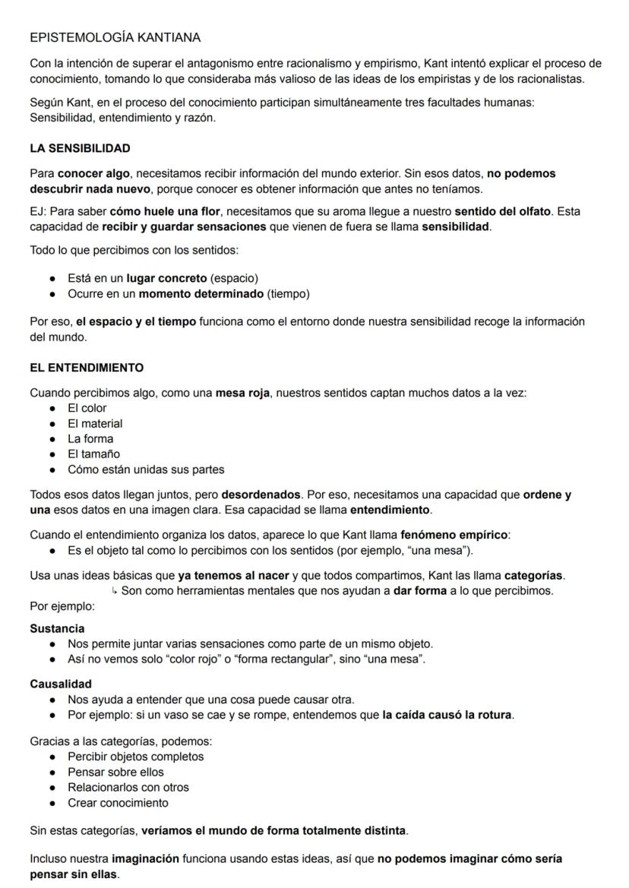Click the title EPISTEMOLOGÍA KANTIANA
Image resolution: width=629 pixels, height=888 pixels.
(115, 37)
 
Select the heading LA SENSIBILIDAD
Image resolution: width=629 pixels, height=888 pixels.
(80, 148)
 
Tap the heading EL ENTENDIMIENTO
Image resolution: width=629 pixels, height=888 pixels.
(87, 368)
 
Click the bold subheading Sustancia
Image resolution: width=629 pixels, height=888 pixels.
(57, 628)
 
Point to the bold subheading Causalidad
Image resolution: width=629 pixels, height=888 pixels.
(61, 684)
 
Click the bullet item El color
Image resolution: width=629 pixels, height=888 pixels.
(87, 408)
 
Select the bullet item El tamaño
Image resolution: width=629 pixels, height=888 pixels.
(93, 453)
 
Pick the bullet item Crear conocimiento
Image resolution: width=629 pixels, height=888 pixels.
(118, 802)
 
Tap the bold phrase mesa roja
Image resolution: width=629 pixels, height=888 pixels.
(242, 393)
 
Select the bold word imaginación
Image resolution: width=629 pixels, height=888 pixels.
(145, 858)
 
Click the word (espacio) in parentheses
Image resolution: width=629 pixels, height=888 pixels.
(239, 279)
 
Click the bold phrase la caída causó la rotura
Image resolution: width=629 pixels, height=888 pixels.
(447, 714)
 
